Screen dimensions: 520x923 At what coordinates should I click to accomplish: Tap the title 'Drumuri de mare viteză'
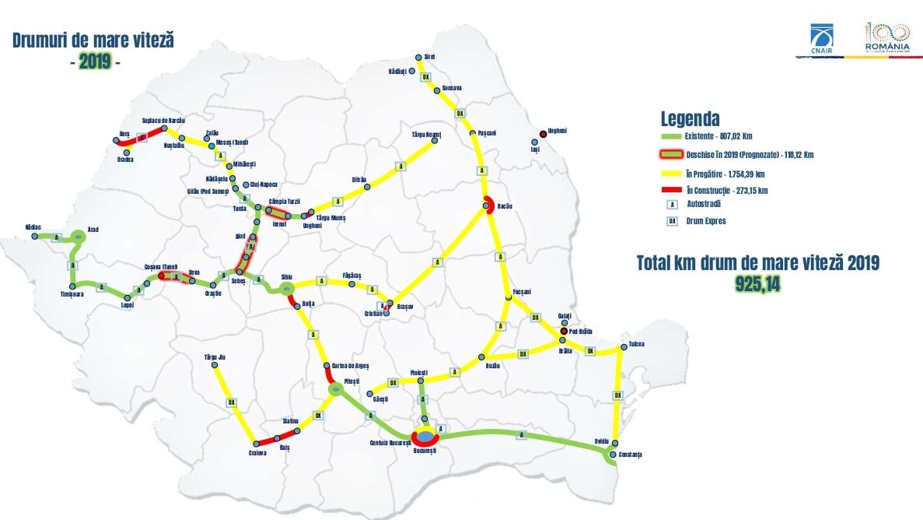pos(93,40)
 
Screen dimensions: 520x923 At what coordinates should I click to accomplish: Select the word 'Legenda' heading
pos(690,119)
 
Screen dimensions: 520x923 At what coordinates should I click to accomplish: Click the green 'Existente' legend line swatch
pos(670,137)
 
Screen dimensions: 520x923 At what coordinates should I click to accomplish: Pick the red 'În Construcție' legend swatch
pos(670,190)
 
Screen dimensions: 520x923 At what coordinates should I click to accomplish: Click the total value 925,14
pos(757,284)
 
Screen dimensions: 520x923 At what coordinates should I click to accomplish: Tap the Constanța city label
pos(631,454)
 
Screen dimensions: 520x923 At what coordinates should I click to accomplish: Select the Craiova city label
pos(258,453)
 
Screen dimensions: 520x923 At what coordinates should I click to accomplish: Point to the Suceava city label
pos(452,88)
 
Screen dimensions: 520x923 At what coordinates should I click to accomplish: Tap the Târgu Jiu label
pos(215,357)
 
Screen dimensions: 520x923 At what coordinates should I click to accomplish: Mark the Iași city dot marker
pos(534,142)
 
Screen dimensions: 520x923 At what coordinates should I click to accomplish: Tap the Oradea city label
pos(124,160)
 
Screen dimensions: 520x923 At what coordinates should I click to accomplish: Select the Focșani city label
pos(521,291)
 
